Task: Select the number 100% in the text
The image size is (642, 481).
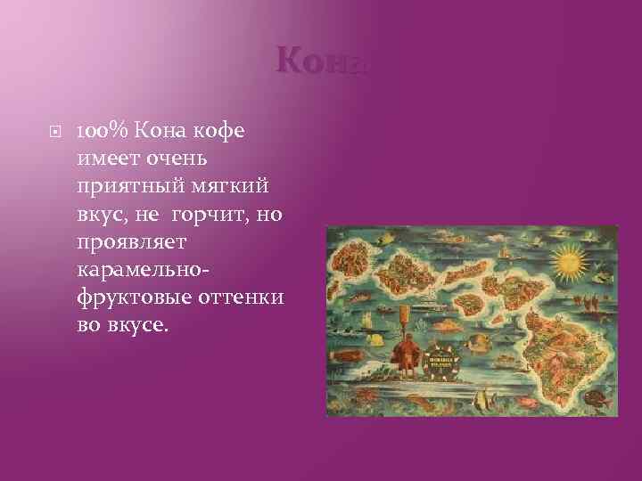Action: (x=105, y=131)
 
